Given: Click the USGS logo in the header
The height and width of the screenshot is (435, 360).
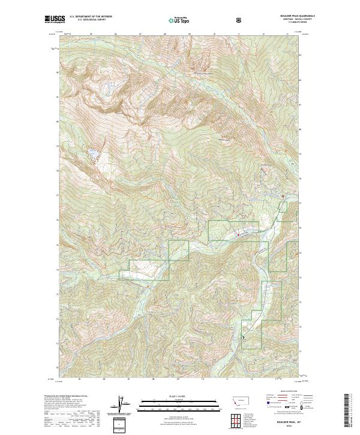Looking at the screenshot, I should (53, 19).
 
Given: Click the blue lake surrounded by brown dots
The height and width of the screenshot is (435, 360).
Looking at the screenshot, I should (94, 157).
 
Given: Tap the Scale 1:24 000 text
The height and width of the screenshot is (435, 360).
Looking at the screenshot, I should (171, 397).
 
